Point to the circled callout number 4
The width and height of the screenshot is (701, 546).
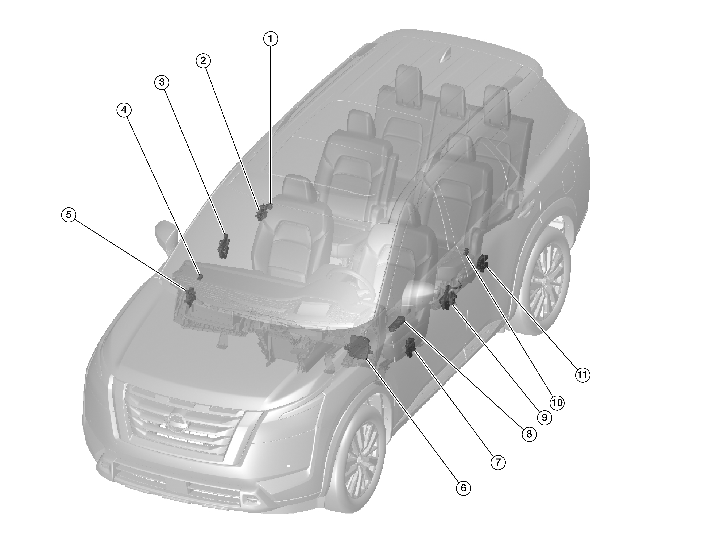point(124,110)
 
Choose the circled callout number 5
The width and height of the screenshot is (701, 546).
point(69,214)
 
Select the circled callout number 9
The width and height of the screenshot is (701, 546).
point(544,417)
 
